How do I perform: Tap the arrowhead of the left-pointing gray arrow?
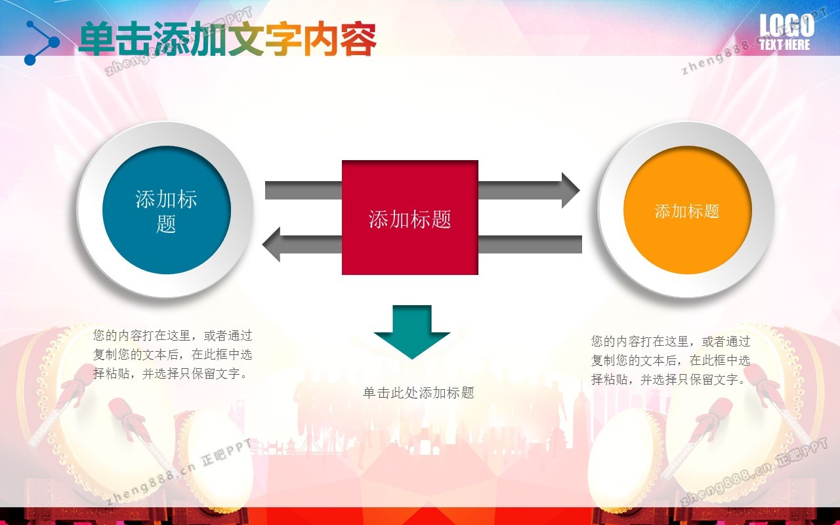point(273,244)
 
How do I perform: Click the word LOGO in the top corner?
point(786,26)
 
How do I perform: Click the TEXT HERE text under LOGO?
point(785,45)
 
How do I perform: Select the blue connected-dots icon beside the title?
point(41,43)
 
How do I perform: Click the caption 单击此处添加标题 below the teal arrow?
point(418,393)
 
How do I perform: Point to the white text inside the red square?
point(409,219)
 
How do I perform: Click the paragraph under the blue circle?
point(173,354)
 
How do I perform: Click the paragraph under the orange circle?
point(670,360)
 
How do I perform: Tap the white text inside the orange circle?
point(687,211)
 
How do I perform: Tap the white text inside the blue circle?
point(166,211)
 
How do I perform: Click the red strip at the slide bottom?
point(420,516)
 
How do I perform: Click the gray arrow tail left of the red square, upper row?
point(303,191)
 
